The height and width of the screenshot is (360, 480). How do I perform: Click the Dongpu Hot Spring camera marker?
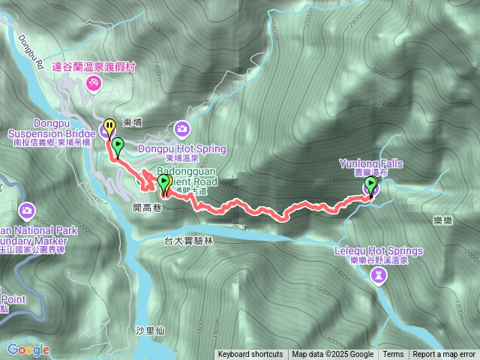[x=182, y=130]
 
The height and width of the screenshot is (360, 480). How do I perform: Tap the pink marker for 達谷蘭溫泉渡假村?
[x=94, y=83]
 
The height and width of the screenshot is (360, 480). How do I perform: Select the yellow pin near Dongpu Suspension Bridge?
[x=110, y=125]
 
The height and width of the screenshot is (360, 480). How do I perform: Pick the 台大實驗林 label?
[x=189, y=241]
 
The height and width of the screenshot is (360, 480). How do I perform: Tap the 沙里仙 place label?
[x=145, y=331]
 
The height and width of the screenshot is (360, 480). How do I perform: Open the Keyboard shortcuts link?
[x=250, y=354]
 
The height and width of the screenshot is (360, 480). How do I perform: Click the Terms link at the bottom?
[x=393, y=354]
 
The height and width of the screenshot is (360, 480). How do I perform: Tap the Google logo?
[x=28, y=349]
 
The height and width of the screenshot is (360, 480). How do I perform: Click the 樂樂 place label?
[x=442, y=220]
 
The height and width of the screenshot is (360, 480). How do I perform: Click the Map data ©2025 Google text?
[x=333, y=354]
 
